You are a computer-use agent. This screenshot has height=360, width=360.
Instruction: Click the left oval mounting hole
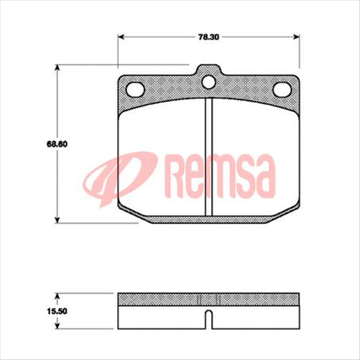[135, 89]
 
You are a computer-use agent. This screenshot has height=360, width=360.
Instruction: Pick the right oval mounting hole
[282, 89]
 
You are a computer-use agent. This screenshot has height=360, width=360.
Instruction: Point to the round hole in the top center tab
[208, 81]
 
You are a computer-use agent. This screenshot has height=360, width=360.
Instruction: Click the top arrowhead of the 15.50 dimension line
[57, 295]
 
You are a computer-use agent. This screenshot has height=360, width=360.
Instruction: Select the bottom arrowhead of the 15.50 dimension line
[57, 319]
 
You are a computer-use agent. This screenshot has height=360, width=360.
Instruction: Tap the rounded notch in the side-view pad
[208, 315]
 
